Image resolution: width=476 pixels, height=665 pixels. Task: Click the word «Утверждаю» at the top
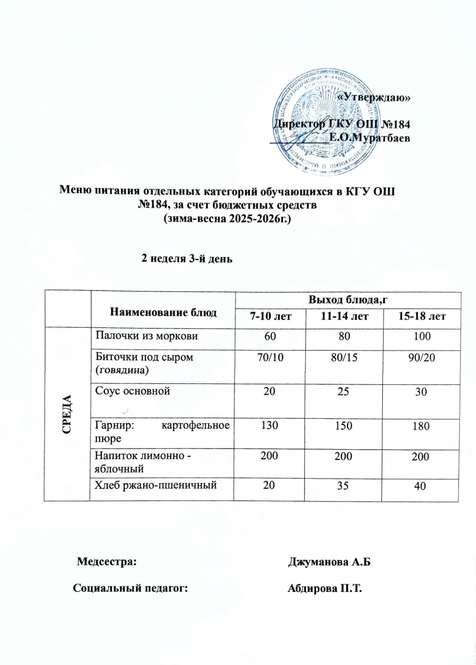coord(373,97)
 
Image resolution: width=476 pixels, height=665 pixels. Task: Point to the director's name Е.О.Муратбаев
coord(369,138)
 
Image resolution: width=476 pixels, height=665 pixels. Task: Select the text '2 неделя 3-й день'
coord(187,258)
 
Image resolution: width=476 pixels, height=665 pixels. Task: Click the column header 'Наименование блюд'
coord(163,312)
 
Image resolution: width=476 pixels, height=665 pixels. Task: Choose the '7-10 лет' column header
coord(270,316)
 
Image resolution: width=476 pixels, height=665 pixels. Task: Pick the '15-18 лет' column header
coord(422,316)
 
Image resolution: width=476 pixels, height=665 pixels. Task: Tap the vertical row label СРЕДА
coord(67,414)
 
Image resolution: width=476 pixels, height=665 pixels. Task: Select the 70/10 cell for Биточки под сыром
coord(270,357)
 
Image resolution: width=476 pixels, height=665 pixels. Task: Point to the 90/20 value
coord(422,357)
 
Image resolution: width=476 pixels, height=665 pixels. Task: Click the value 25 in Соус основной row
coord(343,391)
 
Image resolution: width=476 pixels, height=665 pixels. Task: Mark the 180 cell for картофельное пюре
coord(421,426)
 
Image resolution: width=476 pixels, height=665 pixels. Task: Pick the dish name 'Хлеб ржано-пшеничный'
coord(155,485)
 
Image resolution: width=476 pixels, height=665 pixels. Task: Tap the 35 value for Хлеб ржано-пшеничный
coord(343,486)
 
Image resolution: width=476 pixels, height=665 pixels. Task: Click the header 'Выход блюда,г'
coord(348,299)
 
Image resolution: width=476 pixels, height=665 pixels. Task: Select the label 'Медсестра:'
coord(107,561)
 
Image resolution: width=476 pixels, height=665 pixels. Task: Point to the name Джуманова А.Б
coord(329,562)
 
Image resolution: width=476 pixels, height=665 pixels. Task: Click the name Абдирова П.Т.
coord(325,588)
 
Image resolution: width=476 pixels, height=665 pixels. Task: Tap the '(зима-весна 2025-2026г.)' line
coord(227,219)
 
